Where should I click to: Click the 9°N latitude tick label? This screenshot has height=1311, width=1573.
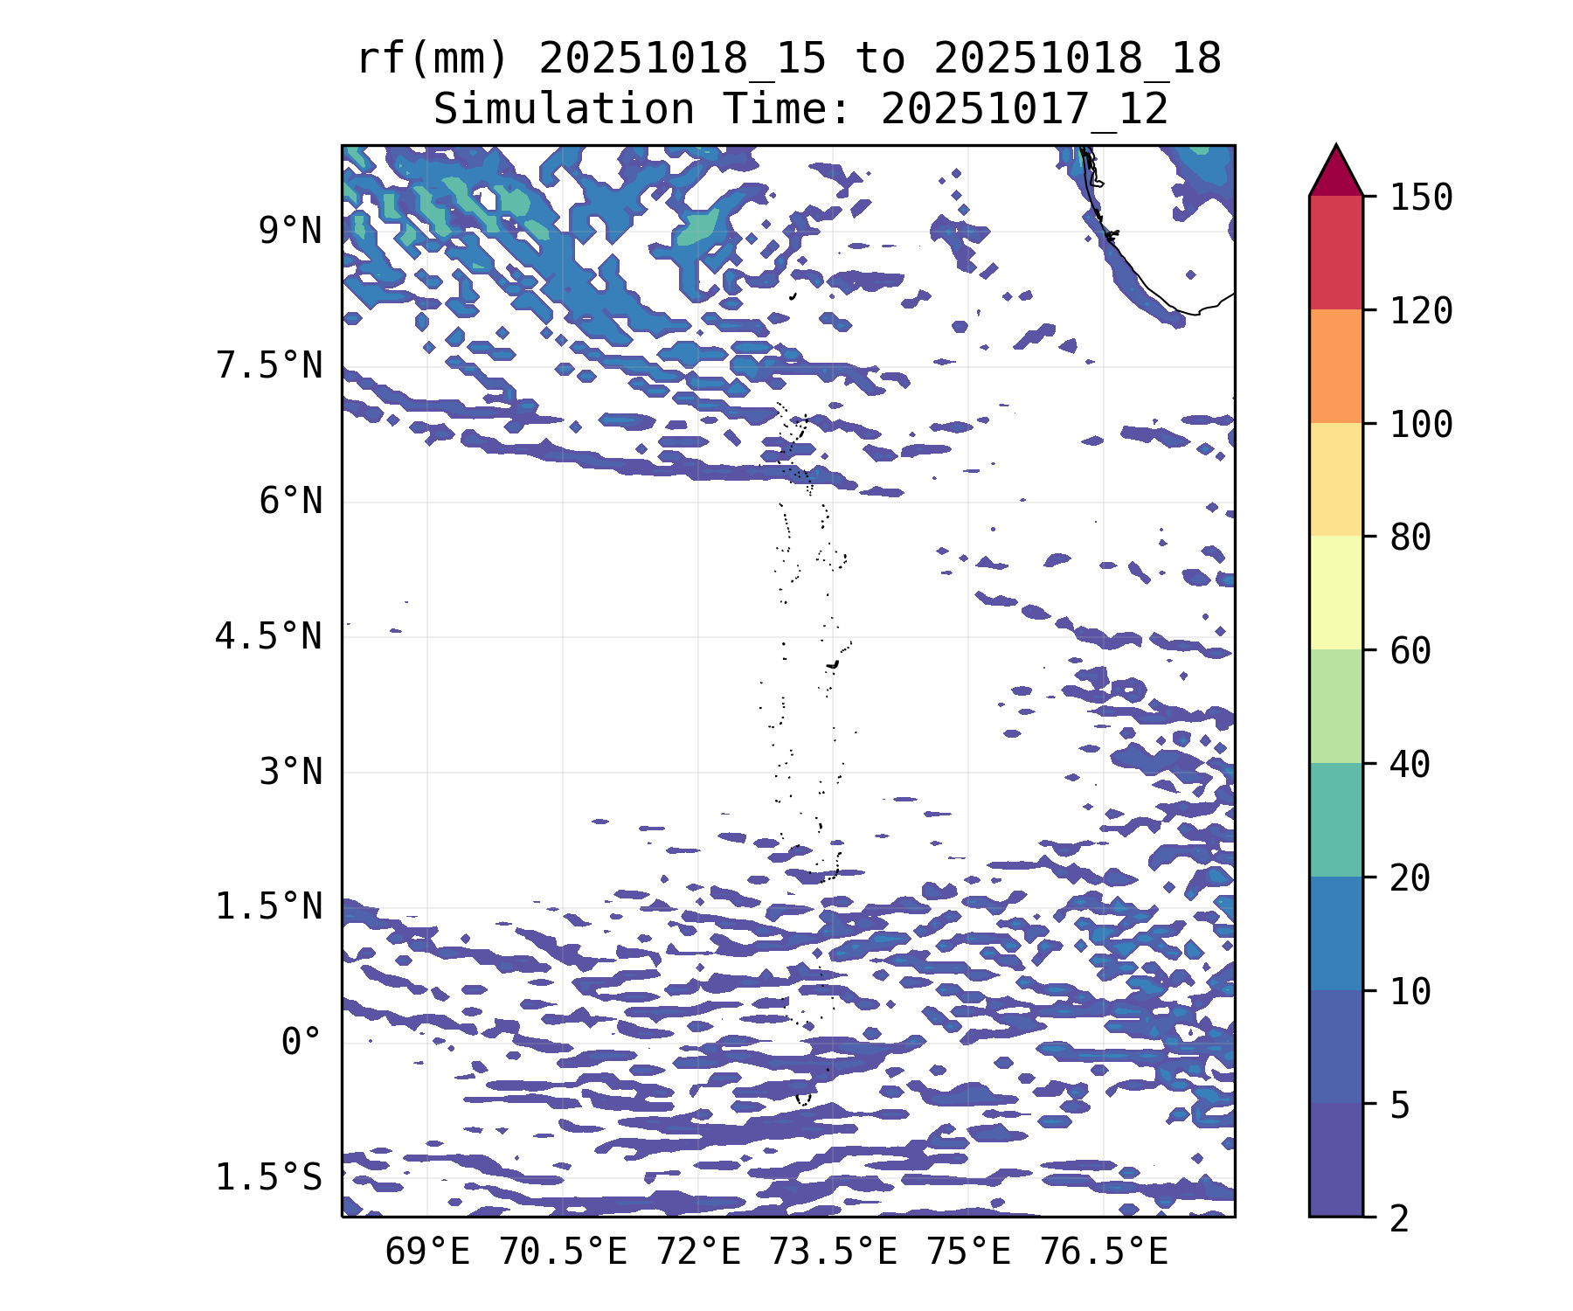290,232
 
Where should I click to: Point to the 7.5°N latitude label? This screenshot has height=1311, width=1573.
269,366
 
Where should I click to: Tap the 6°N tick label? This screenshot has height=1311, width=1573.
290,502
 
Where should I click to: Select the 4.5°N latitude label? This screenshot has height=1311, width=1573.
269,636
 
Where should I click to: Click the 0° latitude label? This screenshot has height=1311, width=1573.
301,1042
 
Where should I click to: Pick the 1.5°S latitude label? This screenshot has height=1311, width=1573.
269,1177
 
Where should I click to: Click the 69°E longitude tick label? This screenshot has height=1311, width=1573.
427,1252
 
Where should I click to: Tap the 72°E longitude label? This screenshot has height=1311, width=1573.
698,1252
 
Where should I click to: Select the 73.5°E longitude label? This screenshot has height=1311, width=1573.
833,1252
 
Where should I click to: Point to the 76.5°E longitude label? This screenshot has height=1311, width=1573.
1103,1252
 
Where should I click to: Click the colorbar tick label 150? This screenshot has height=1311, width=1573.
1421,198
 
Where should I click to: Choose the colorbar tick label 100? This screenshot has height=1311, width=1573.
1421,425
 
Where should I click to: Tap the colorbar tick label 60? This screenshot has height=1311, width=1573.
1410,651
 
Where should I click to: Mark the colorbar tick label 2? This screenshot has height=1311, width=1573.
1400,1218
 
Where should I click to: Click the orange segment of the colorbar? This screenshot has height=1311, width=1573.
1335,366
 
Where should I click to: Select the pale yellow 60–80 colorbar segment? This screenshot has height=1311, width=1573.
1335,593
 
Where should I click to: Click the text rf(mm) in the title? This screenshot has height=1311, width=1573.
433,59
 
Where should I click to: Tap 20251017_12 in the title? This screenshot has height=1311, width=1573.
1024,110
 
